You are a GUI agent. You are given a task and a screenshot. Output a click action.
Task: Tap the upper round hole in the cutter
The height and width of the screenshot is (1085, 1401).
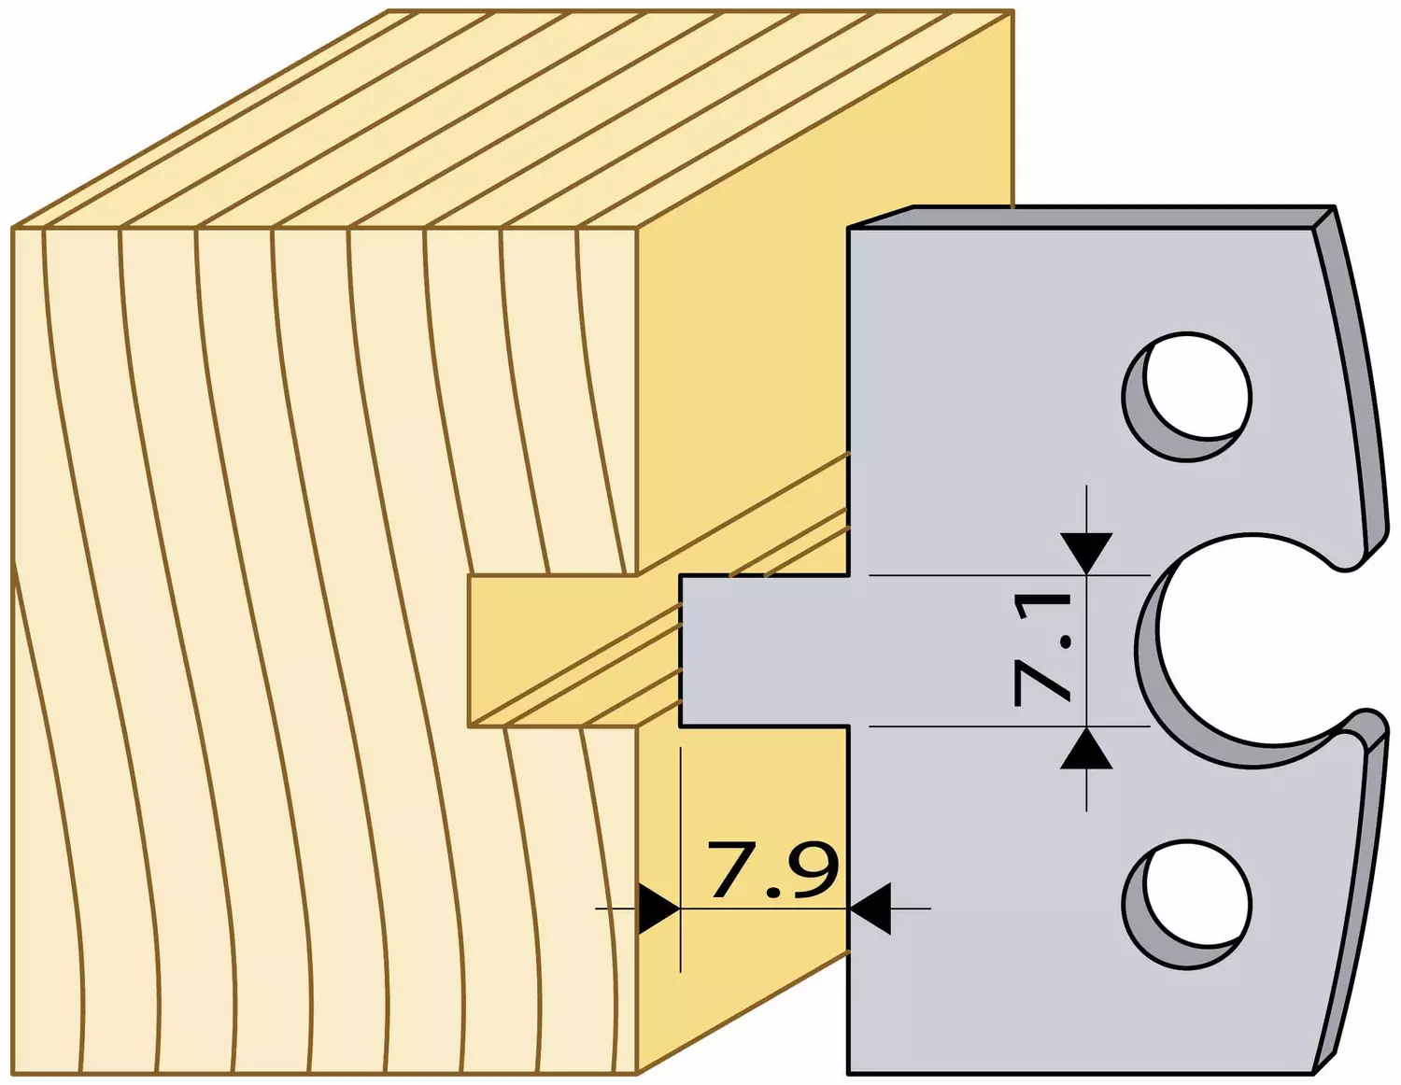1187,396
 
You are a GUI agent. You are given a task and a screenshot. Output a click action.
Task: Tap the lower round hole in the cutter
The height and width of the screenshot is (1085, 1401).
1187,904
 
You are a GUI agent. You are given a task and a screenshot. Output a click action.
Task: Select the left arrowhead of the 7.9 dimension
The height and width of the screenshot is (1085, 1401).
658,909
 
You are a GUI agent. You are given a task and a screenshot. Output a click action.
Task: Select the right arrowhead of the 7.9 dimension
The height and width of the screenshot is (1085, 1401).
870,909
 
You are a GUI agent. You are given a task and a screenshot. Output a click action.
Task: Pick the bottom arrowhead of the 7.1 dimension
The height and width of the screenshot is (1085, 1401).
1086,748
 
